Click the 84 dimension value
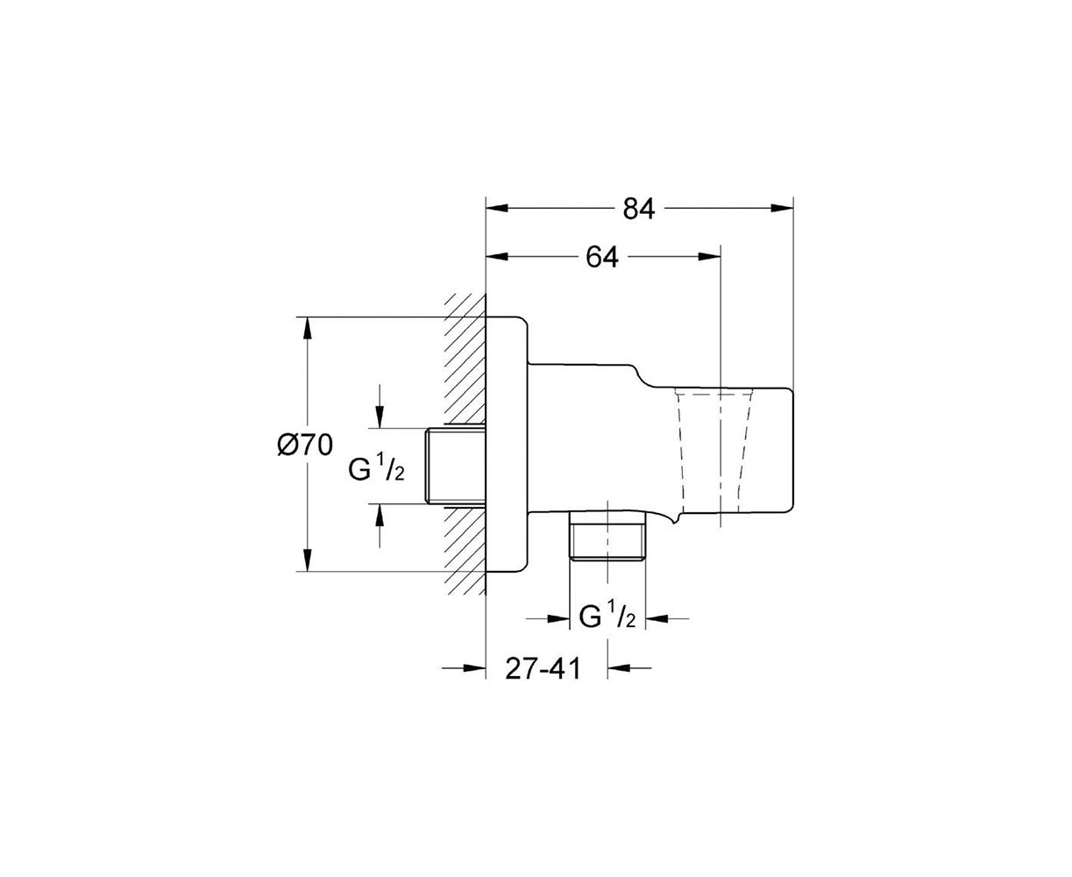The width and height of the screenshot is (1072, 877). click(x=639, y=208)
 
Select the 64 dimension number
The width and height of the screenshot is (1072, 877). click(x=602, y=257)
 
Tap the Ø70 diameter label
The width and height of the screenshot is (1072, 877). click(x=305, y=445)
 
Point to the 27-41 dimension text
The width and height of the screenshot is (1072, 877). click(x=543, y=668)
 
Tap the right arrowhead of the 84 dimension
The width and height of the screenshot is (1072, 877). click(x=782, y=208)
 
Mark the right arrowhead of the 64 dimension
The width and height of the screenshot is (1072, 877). click(x=709, y=257)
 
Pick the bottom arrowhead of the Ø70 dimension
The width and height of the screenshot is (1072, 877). click(x=307, y=560)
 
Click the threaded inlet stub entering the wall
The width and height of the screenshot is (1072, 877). click(x=456, y=466)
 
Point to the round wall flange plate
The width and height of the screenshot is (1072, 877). click(x=507, y=444)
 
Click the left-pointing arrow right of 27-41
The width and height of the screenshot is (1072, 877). click(x=629, y=667)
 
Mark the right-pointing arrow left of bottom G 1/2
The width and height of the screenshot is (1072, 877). click(x=548, y=618)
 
